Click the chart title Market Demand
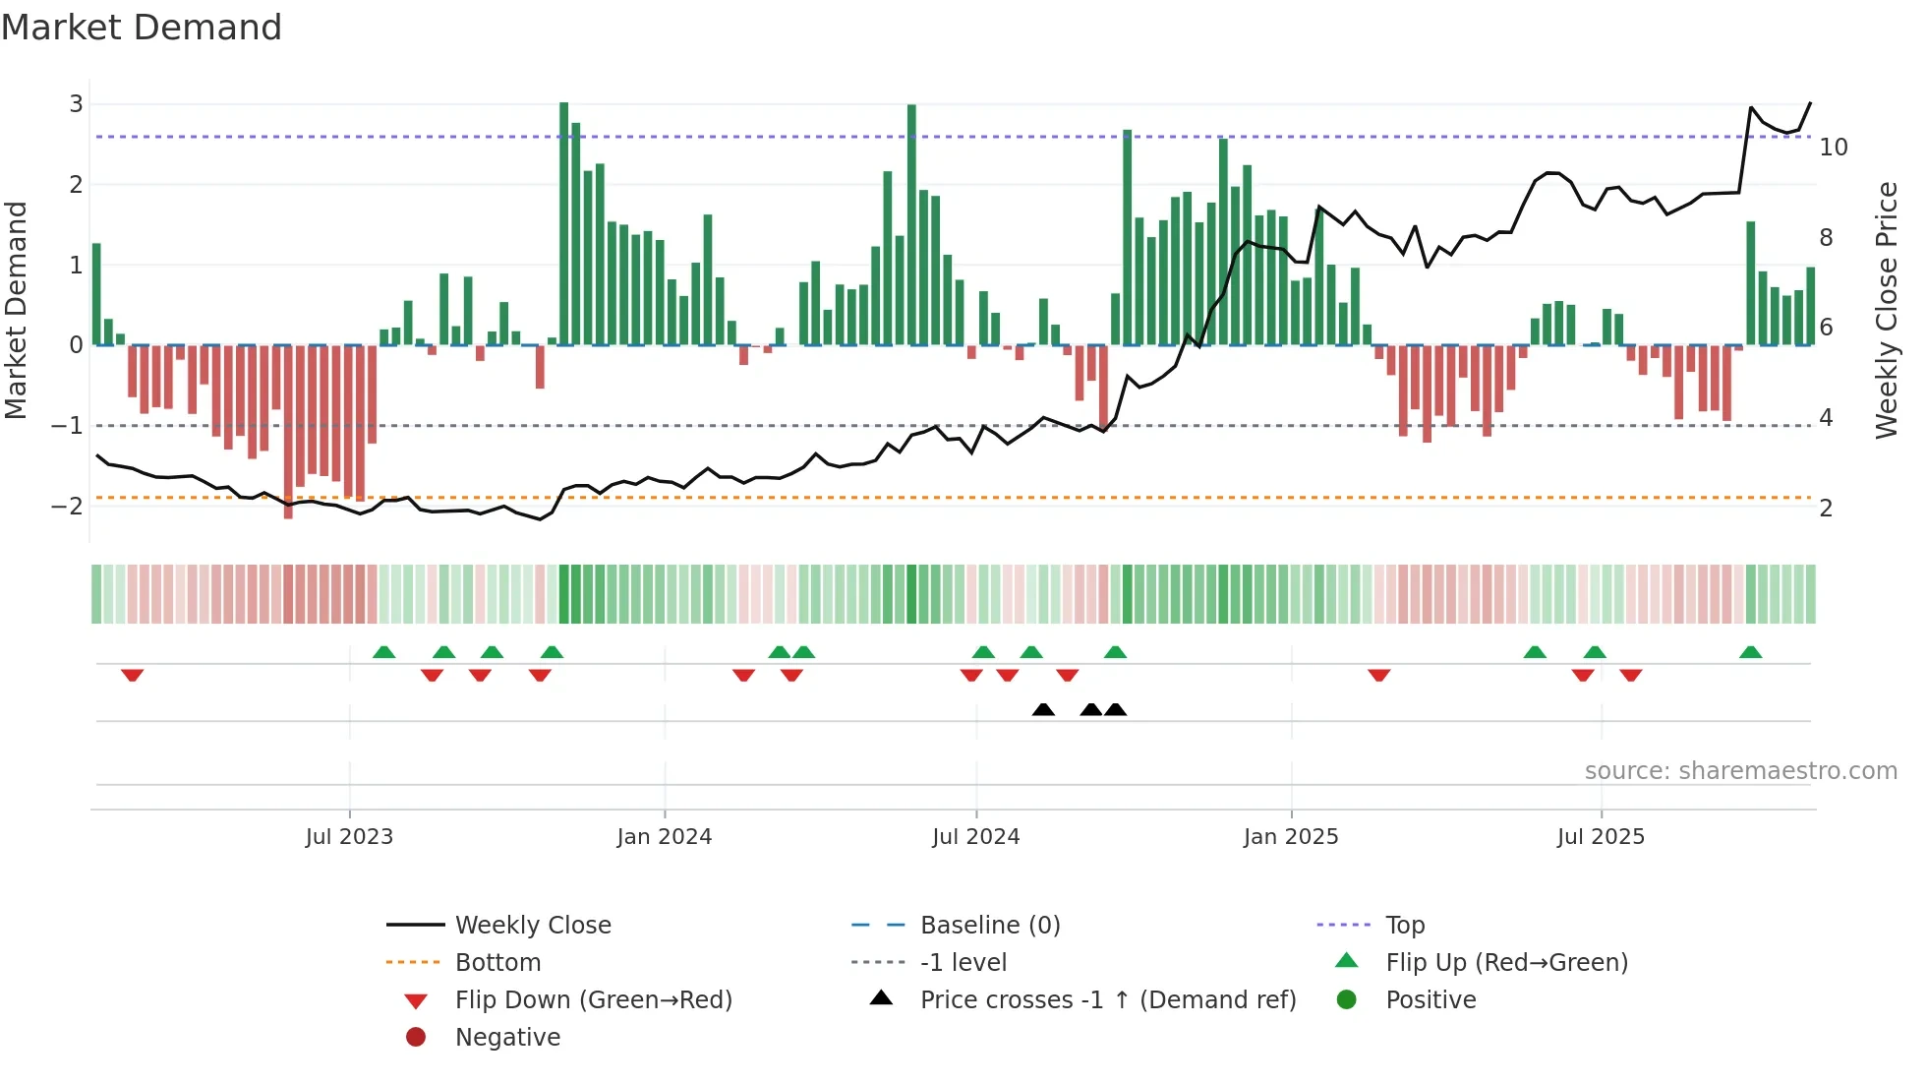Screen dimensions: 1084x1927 tap(142, 28)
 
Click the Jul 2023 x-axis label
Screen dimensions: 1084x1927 tap(349, 837)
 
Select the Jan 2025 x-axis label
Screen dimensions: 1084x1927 tap(1291, 837)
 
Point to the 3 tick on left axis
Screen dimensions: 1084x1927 tap(76, 104)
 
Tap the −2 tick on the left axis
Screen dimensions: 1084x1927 tap(68, 507)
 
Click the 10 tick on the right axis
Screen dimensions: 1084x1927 tap(1834, 148)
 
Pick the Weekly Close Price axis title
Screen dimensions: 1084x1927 tap(1886, 310)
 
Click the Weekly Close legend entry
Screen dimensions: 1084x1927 tap(533, 926)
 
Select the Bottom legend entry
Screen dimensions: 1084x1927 tap(497, 963)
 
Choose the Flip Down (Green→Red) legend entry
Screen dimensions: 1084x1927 tap(593, 1000)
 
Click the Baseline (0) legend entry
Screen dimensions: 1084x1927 tap(990, 926)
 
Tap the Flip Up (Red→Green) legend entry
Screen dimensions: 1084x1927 tap(1506, 963)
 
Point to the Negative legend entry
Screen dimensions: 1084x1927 tap(507, 1038)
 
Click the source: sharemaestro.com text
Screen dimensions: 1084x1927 tap(1740, 771)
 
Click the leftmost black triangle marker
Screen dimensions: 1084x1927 tap(1043, 709)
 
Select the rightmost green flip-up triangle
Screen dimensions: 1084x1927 tap(1750, 652)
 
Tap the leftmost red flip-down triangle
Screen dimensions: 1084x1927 tap(133, 675)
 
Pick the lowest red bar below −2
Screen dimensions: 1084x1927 tap(288, 433)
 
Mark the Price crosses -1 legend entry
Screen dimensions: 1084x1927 tap(1108, 1000)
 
